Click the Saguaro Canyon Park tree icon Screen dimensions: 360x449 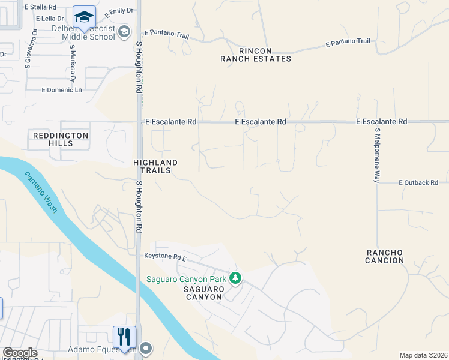237,278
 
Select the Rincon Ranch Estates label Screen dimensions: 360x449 255,55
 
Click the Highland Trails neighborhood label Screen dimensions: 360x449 155,166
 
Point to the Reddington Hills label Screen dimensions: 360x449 60,139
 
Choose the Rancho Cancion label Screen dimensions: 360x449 385,256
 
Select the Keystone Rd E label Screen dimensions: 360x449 166,256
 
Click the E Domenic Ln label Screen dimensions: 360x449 61,90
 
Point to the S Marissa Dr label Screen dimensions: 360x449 73,62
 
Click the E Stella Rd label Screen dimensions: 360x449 41,7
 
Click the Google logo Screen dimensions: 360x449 20,353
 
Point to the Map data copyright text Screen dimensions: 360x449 423,355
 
